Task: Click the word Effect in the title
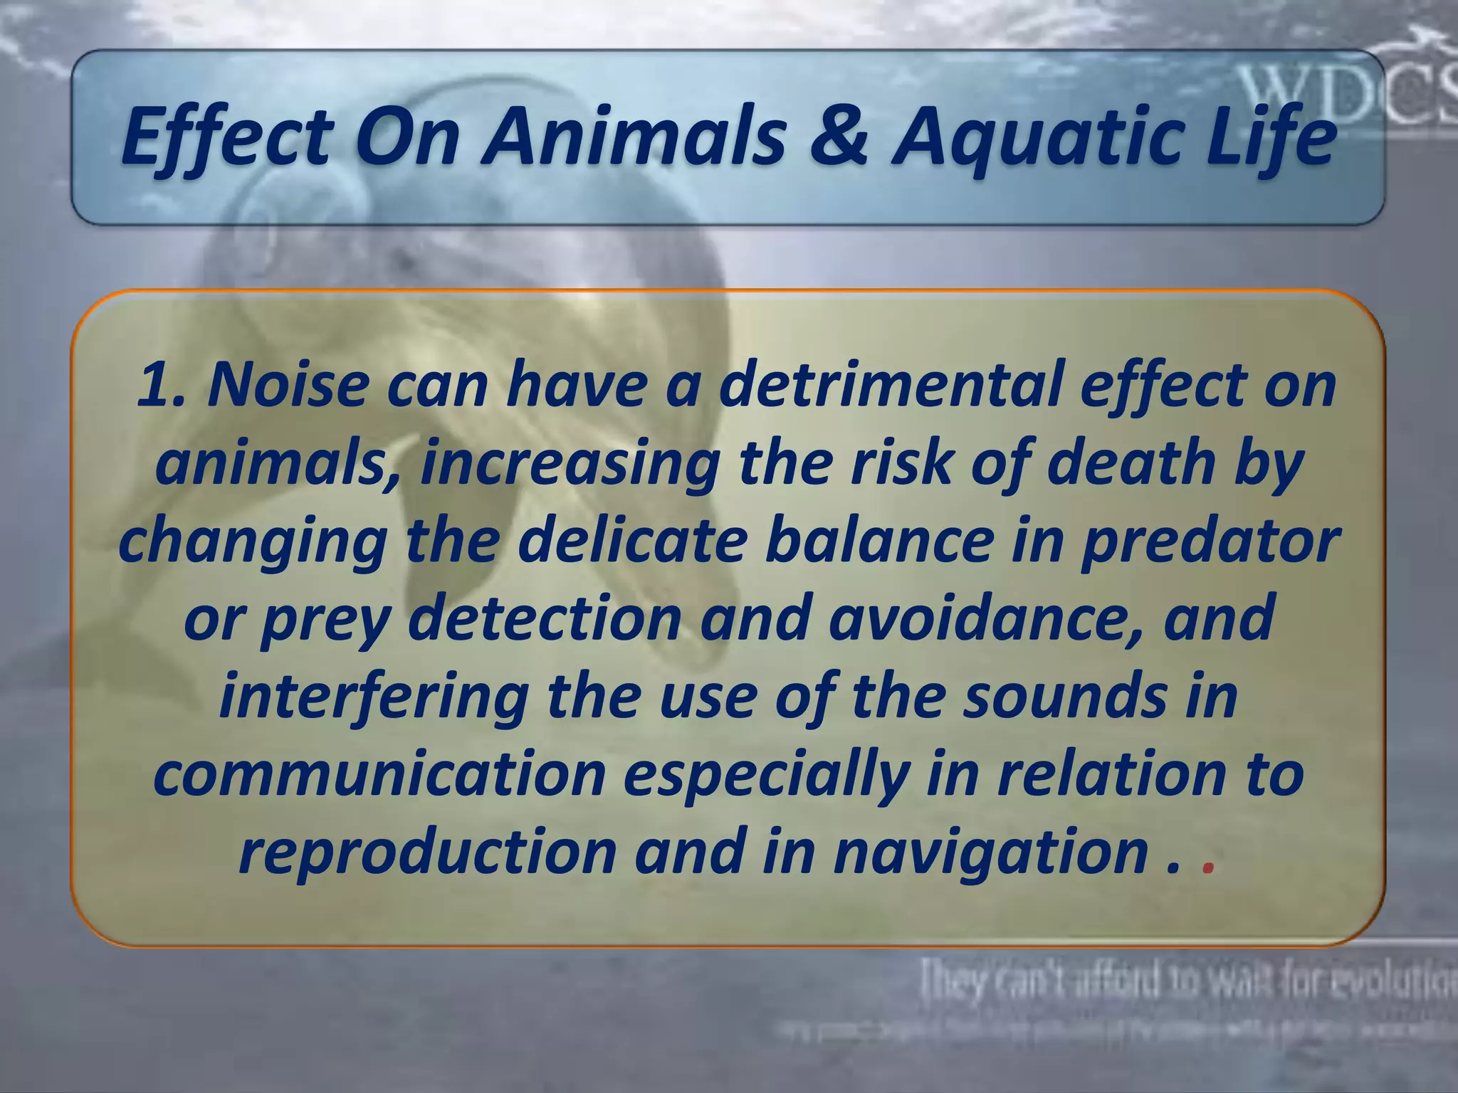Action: [x=226, y=137]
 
